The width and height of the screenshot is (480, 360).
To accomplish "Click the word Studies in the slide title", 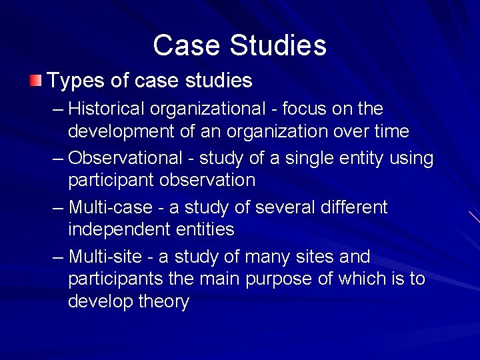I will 278,46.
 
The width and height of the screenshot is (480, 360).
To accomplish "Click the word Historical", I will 106,109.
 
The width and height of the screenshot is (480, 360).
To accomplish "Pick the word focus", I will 309,109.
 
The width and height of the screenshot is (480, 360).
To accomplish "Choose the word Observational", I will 125,159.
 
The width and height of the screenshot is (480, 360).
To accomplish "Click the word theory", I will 164,301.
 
